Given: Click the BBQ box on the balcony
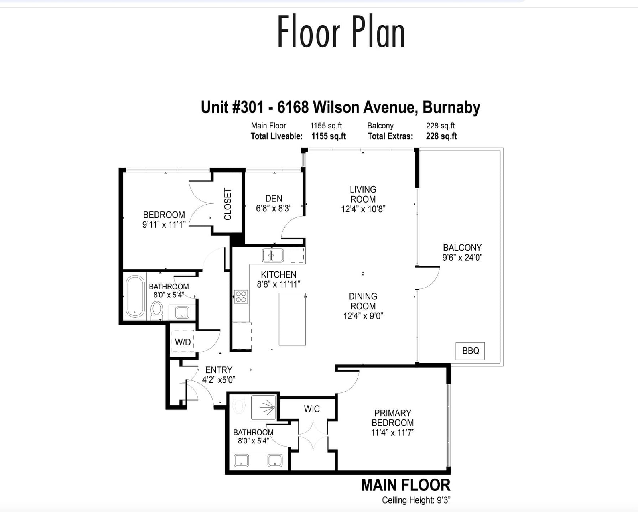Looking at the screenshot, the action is pyautogui.click(x=470, y=351).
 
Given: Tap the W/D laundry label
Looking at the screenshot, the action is pyautogui.click(x=183, y=342).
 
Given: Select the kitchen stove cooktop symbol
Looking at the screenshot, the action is pyautogui.click(x=241, y=297).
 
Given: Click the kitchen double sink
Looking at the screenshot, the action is pyautogui.click(x=273, y=255).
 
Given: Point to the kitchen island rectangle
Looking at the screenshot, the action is pyautogui.click(x=292, y=319).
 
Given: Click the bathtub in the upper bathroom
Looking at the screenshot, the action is pyautogui.click(x=136, y=296).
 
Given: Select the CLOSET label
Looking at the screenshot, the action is pyautogui.click(x=228, y=204).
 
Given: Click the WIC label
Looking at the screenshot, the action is pyautogui.click(x=312, y=409).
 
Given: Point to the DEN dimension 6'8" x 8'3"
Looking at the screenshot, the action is pyautogui.click(x=274, y=209).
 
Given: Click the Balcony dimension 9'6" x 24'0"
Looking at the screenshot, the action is pyautogui.click(x=463, y=257).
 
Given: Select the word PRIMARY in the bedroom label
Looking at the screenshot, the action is pyautogui.click(x=392, y=413).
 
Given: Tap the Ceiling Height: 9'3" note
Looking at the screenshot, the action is pyautogui.click(x=416, y=500).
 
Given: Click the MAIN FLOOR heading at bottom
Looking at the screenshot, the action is pyautogui.click(x=406, y=485).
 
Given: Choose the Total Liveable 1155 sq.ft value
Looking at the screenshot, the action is pyautogui.click(x=329, y=136).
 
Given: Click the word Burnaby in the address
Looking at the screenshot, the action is pyautogui.click(x=451, y=108).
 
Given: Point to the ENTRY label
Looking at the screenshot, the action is pyautogui.click(x=219, y=370).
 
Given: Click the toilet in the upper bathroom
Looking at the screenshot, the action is pyautogui.click(x=157, y=310).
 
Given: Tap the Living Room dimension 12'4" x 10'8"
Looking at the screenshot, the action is pyautogui.click(x=363, y=209).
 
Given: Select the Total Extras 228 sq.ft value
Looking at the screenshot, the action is pyautogui.click(x=441, y=136).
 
